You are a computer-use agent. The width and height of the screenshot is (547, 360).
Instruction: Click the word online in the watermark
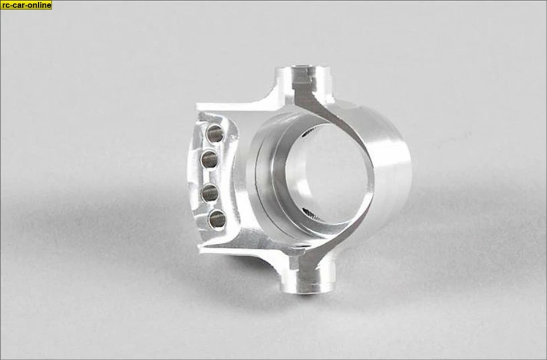click(37, 5)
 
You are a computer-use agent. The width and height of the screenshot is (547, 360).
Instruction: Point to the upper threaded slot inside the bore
click(308, 132)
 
